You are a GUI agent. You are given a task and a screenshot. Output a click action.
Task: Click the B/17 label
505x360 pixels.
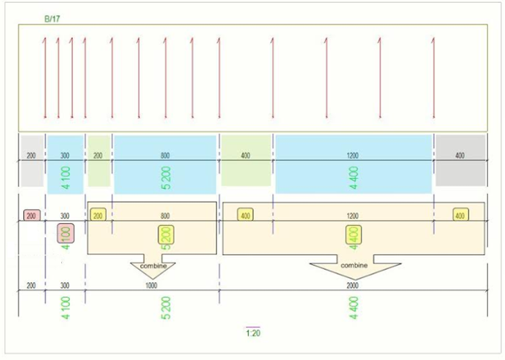click(52, 19)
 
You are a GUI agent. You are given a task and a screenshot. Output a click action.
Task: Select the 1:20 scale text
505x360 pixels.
click(252, 333)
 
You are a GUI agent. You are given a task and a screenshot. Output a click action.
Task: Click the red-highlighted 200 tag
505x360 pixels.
click(31, 215)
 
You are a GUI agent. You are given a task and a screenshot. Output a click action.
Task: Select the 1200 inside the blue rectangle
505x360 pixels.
click(353, 155)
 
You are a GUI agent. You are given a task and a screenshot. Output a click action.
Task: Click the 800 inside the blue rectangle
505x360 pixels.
click(165, 155)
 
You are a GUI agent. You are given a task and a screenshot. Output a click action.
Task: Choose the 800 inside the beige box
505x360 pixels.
click(165, 215)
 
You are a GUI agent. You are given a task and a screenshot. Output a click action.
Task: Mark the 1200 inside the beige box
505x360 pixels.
click(353, 215)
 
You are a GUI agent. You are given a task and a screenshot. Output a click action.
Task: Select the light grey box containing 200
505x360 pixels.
click(31, 160)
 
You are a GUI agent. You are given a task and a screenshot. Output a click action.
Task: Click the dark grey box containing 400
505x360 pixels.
click(460, 160)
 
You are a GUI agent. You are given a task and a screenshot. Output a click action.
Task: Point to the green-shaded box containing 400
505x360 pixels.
click(246, 160)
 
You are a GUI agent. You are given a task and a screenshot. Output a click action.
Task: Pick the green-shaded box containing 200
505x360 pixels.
click(99, 160)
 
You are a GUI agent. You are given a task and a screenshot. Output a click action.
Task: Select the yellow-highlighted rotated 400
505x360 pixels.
click(353, 234)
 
